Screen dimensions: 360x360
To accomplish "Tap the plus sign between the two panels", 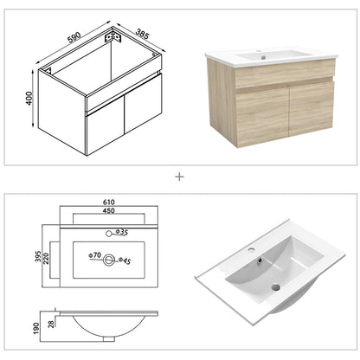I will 179,176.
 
